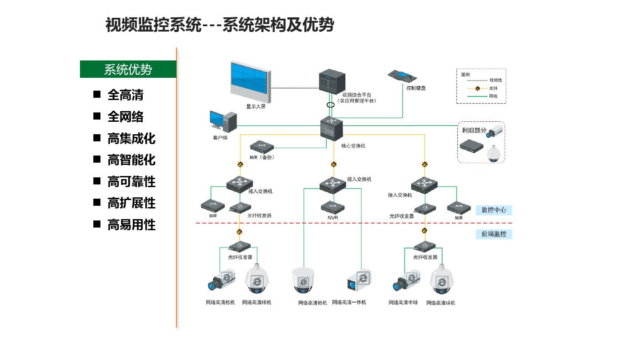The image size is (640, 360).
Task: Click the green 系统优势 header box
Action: point(128,69)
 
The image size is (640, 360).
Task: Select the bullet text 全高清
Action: point(125,95)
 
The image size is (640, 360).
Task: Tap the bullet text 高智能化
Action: point(131,160)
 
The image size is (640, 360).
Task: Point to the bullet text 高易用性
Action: point(131,225)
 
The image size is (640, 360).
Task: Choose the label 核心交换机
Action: point(353,146)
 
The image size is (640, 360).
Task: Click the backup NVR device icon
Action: point(261,147)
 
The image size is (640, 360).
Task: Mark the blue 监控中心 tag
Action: point(493,210)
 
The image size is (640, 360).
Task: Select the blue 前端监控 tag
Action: point(493,234)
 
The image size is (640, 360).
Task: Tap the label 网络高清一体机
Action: point(349,303)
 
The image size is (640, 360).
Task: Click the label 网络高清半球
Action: point(403,303)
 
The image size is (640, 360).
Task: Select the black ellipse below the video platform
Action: point(331,105)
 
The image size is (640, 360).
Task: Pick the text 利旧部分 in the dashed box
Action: point(474,130)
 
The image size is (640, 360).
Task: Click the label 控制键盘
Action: point(416,88)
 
